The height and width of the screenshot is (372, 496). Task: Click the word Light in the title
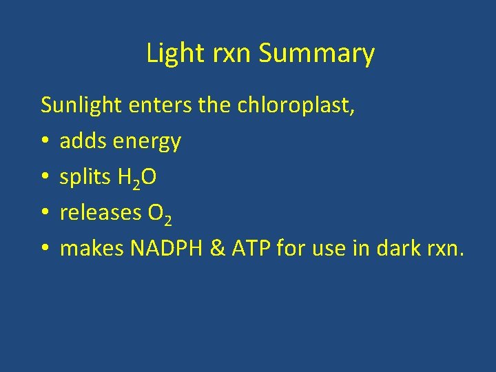[166, 54]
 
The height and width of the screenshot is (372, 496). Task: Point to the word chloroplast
[295, 105]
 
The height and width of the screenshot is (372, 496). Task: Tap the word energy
[147, 142]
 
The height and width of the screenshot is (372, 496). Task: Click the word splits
[85, 178]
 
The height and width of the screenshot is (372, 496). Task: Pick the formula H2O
[136, 178]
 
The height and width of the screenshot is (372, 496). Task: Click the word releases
[101, 213]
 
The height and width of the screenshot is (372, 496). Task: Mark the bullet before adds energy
[44, 142]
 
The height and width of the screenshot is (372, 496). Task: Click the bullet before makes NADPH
[44, 249]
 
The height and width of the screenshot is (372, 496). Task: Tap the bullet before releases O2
[44, 214]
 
